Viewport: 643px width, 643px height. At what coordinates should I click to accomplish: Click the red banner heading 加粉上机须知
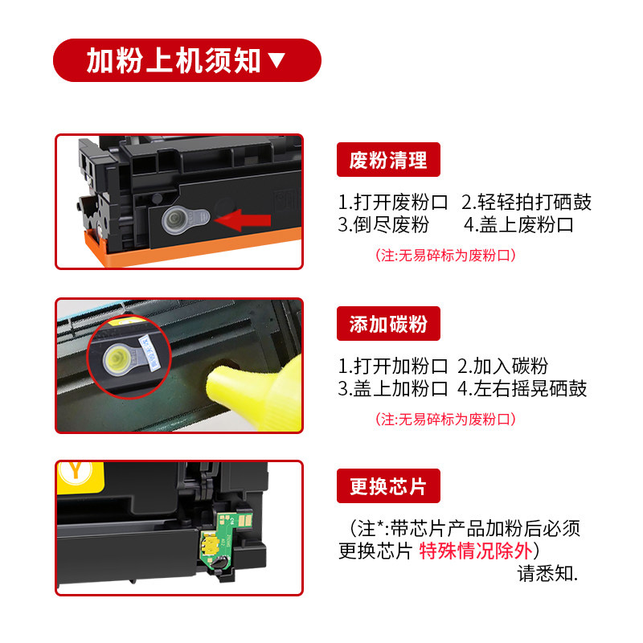point(187,60)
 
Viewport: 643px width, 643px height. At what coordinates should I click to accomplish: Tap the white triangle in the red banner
point(276,59)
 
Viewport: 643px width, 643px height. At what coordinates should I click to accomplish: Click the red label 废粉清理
point(388,159)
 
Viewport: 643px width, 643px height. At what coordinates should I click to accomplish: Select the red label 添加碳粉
point(388,324)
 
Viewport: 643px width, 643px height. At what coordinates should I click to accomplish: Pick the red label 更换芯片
point(388,486)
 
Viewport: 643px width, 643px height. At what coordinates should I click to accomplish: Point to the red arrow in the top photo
point(243,220)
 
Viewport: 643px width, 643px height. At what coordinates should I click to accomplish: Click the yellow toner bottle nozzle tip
point(213,383)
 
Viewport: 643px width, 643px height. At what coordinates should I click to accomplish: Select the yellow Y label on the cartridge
point(76,472)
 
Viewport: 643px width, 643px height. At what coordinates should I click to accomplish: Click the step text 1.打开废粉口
point(392,203)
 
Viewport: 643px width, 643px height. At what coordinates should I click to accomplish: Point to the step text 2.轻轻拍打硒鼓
point(526,203)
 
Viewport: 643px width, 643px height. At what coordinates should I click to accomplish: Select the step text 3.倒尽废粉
point(383,225)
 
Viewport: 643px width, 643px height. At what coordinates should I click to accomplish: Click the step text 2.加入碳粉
point(502,366)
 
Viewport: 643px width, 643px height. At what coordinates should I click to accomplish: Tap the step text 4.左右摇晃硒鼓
point(522,388)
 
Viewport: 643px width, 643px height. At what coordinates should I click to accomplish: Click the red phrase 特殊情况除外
point(475,551)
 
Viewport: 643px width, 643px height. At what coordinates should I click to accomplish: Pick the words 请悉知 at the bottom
point(547,573)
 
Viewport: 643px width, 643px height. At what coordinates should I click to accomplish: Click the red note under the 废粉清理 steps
point(446,256)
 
